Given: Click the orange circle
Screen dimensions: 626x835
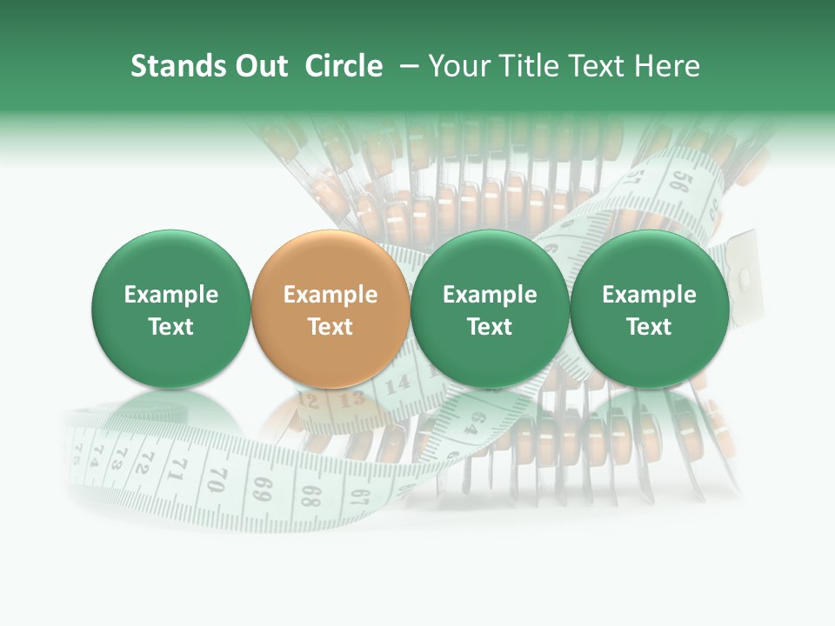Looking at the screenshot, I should point(331,309).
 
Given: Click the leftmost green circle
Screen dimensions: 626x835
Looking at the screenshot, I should point(170,309).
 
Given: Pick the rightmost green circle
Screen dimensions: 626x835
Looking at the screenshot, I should point(649,309).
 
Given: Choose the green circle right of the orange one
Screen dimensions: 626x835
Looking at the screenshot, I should point(490,309).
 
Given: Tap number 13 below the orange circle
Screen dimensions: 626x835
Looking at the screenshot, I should point(351,401).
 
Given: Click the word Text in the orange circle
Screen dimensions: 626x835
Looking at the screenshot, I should point(331,327).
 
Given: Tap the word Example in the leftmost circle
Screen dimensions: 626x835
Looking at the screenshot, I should point(170,295).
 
